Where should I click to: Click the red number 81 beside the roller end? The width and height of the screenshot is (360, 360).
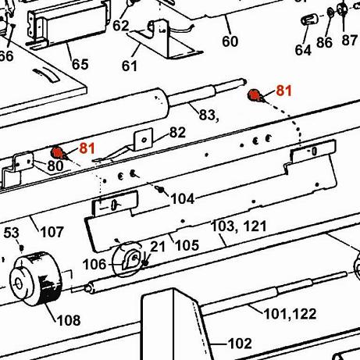pos(283,91)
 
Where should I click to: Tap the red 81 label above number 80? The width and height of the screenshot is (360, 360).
pos(87,148)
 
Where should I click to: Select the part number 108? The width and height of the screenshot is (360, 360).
pos(69,320)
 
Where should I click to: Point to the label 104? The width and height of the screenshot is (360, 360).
pos(183,199)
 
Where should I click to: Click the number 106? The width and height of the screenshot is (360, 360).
pos(94,265)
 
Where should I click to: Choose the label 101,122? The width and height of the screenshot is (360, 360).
pos(290,314)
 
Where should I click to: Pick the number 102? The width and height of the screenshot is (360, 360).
pos(240,344)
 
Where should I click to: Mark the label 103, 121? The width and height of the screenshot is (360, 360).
pos(239,226)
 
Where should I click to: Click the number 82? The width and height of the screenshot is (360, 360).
pos(177,133)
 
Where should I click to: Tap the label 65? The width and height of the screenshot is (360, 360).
pos(80,64)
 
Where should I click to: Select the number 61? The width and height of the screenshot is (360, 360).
pos(130,66)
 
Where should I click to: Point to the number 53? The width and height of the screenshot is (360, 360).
pos(12,233)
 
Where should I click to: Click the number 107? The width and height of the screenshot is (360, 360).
pos(52,232)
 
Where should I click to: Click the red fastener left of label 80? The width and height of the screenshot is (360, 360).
pos(57,152)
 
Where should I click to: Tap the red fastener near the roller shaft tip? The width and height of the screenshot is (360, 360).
pos(254,95)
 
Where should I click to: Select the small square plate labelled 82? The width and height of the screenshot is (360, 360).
pos(144,140)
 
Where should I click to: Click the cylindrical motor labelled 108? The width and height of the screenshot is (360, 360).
pos(36,279)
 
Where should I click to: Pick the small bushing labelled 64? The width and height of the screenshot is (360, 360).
pos(310,20)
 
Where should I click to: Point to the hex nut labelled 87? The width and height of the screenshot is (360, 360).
pos(342,10)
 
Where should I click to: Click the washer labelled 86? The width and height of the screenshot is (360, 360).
pos(330,12)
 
